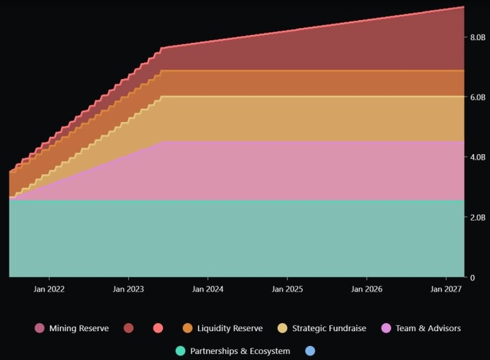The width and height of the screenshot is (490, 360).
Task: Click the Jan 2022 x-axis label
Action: (x=49, y=289)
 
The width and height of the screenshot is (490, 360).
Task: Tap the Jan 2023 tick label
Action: (x=128, y=289)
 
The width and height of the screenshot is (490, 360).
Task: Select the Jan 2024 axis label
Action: (x=208, y=289)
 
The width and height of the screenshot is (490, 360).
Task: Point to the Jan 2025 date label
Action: (x=287, y=289)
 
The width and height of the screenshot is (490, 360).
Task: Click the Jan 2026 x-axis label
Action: (x=367, y=289)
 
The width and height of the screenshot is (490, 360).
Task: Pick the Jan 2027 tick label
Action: (x=446, y=289)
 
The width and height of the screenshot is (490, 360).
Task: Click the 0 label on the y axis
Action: (x=472, y=278)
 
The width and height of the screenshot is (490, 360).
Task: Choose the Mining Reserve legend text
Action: (x=79, y=328)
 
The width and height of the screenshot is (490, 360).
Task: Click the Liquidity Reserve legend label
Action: (x=230, y=328)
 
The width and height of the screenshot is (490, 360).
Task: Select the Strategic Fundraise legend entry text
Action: (x=329, y=328)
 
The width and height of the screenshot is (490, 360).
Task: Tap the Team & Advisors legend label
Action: (x=428, y=328)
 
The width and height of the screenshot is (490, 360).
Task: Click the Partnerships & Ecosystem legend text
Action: (x=240, y=351)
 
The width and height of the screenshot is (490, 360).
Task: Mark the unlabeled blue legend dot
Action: (x=310, y=351)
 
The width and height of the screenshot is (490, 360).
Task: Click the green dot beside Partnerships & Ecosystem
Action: (x=180, y=351)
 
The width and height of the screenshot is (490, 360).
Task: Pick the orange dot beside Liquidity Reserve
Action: (x=188, y=328)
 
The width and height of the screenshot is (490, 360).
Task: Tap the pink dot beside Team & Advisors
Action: (x=386, y=328)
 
